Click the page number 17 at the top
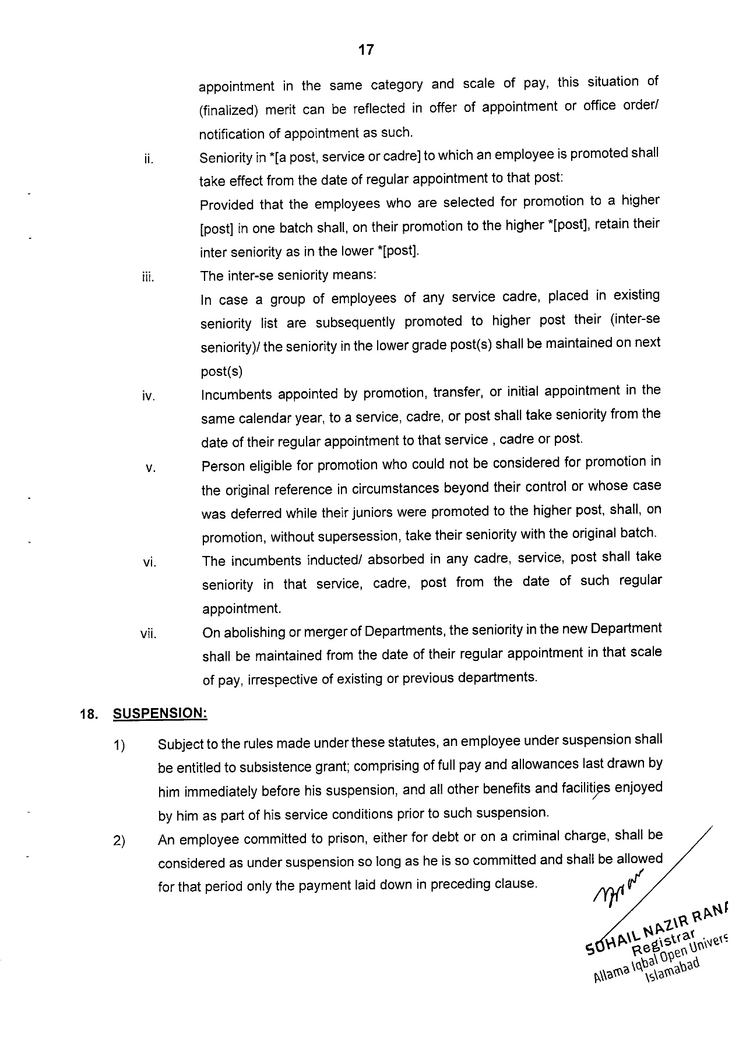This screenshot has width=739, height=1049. click(365, 50)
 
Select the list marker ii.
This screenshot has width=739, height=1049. click(148, 159)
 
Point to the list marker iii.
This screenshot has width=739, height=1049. click(148, 277)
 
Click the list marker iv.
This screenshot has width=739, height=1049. click(148, 397)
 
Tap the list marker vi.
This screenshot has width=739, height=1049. click(149, 563)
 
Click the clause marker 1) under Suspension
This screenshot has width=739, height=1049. click(119, 746)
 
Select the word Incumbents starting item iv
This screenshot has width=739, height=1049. click(237, 395)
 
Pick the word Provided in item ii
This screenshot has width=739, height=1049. click(227, 205)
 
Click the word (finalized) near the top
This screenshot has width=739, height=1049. click(228, 110)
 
